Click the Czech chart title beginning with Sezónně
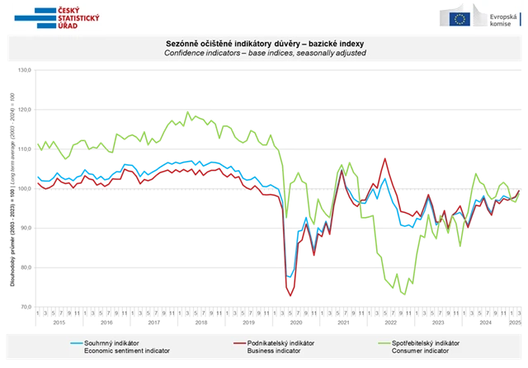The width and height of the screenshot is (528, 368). (x=261, y=43)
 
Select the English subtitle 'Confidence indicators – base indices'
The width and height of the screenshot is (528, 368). (x=261, y=52)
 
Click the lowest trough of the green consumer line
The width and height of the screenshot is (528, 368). (x=403, y=294)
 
